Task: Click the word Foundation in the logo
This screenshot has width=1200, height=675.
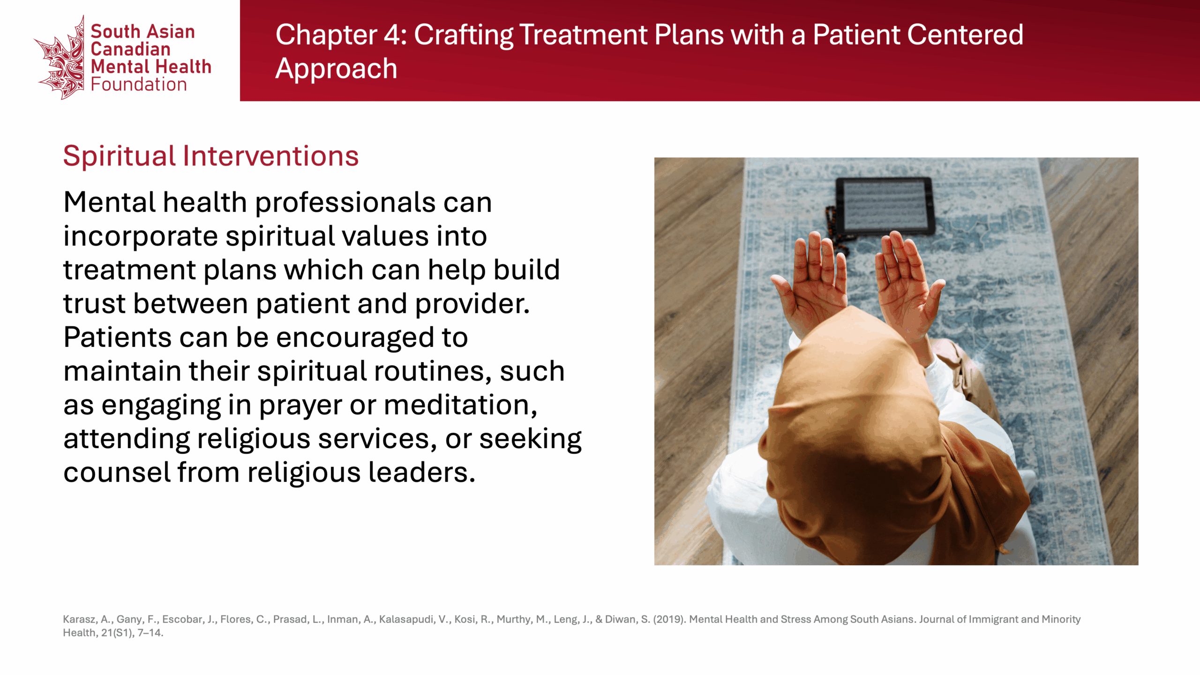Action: coord(139,84)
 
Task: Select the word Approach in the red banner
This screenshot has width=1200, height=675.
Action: coord(336,69)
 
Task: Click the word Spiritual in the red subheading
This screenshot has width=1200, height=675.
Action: coord(120,157)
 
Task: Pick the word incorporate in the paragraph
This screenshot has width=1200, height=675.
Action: coord(141,237)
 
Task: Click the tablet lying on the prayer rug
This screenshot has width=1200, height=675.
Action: coord(884,206)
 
